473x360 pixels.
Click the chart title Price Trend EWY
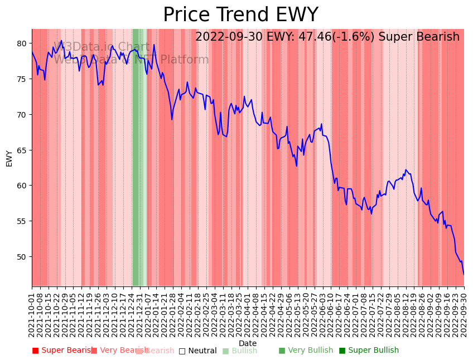click(240, 15)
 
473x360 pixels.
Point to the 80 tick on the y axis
click(22, 43)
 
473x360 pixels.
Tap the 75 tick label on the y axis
click(22, 79)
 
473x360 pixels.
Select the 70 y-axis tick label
click(22, 115)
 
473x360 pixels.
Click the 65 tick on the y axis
click(22, 150)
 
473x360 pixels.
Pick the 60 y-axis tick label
click(22, 186)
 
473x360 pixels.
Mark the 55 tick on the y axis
click(22, 221)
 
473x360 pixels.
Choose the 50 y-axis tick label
click(22, 257)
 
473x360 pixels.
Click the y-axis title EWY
click(9, 158)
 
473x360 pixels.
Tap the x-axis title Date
click(248, 343)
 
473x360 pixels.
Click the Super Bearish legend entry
click(63, 351)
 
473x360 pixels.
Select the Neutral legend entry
click(197, 351)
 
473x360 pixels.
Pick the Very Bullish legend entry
click(306, 351)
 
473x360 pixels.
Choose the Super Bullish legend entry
click(369, 351)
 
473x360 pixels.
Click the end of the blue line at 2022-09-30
click(464, 274)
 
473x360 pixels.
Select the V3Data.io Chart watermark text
click(102, 47)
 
